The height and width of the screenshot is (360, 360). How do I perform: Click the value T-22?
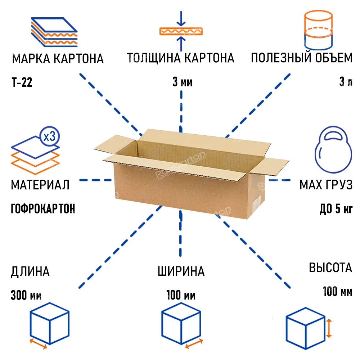(22, 82)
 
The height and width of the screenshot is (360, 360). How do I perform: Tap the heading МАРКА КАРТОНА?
(58, 59)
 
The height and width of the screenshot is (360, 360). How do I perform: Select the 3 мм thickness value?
(182, 82)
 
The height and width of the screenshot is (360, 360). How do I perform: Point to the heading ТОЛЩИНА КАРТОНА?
(181, 58)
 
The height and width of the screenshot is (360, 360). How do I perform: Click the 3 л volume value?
(346, 82)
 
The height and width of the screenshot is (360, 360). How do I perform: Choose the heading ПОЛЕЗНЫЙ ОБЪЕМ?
(302, 58)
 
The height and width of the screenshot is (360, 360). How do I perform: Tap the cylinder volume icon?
(318, 30)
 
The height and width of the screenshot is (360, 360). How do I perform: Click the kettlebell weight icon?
(333, 149)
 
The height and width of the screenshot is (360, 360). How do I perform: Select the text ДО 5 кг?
(336, 209)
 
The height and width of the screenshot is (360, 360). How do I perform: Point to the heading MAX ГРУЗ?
(326, 185)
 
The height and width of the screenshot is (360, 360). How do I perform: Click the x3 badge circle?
(50, 136)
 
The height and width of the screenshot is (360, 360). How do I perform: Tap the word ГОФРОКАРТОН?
(43, 209)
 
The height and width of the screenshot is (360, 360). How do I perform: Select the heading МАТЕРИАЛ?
(40, 185)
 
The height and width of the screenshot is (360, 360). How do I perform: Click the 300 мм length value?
(26, 295)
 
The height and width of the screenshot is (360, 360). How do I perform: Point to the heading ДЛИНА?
(30, 271)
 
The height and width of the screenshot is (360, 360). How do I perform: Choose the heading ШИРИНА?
(181, 271)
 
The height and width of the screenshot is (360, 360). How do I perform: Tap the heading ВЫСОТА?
(330, 267)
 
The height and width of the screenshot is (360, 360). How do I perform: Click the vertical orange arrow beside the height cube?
(329, 328)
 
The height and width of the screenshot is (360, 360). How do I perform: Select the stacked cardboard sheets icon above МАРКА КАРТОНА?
(54, 32)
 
